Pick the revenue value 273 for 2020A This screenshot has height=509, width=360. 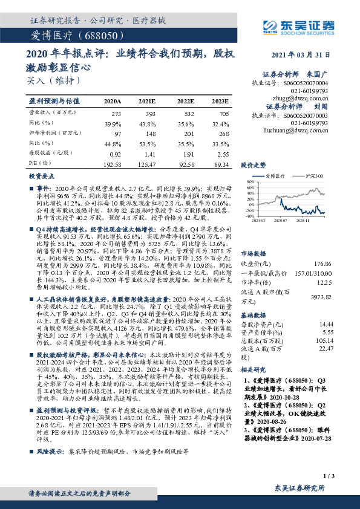[x=116, y=113]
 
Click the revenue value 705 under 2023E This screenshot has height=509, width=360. [x=223, y=113]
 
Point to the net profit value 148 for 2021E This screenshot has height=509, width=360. [x=150, y=132]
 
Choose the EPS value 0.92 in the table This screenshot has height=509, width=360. [x=116, y=154]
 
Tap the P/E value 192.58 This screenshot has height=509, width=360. [x=113, y=164]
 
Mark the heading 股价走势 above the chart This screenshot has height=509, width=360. [x=253, y=164]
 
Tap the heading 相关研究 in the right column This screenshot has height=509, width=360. [x=253, y=369]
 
